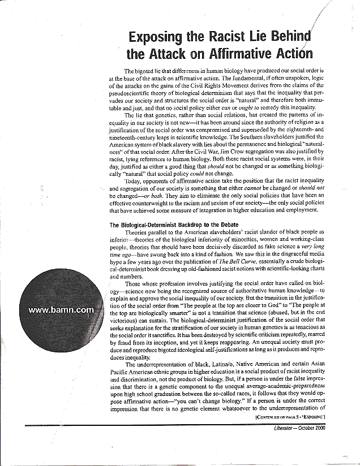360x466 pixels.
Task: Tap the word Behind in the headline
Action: coord(285,38)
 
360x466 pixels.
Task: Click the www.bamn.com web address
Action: coord(61,310)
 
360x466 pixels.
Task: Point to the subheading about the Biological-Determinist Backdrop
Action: coord(165,225)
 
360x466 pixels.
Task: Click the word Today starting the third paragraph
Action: coord(133,182)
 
